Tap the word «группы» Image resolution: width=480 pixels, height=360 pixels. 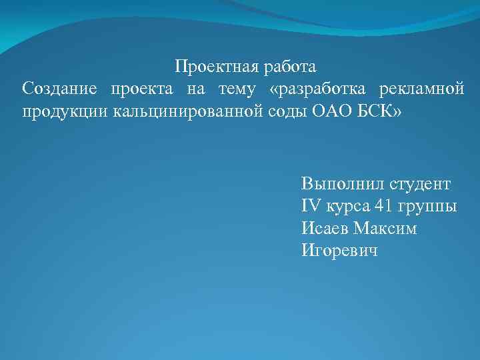[x=431, y=206]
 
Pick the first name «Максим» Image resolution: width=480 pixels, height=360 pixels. [x=385, y=229]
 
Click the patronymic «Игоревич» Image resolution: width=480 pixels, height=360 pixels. [x=339, y=251]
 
